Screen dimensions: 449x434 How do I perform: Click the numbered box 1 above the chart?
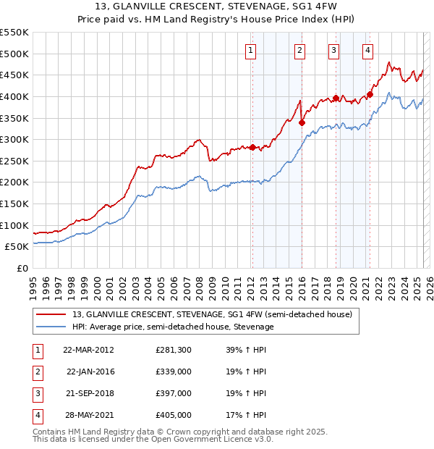click(250, 50)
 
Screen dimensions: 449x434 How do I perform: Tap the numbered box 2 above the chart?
click(299, 50)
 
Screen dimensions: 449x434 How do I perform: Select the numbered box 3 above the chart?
click(333, 50)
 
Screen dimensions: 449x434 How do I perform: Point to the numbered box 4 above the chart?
click(368, 50)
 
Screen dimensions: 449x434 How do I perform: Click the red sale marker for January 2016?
click(302, 122)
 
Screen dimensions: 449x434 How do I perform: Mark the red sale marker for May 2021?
click(370, 94)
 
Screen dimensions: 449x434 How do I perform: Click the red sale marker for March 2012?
click(252, 148)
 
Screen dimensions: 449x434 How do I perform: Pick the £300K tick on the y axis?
click(15, 139)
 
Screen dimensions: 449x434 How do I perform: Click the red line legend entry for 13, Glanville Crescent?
click(212, 314)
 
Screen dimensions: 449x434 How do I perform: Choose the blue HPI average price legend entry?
click(173, 327)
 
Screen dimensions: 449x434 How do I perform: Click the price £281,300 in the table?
click(174, 350)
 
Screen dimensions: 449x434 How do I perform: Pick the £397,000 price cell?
click(174, 394)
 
